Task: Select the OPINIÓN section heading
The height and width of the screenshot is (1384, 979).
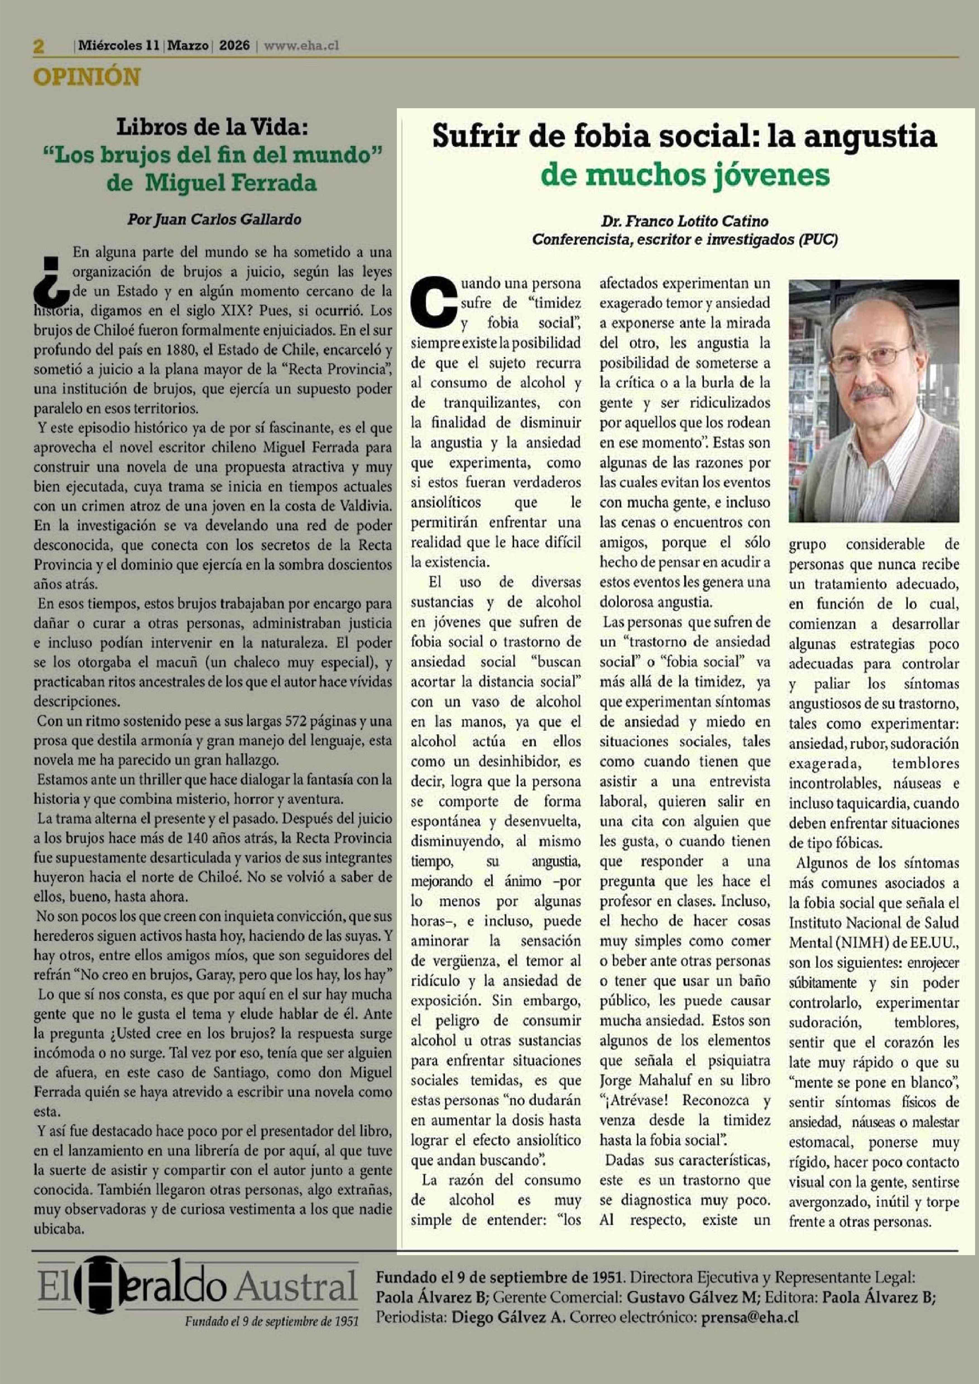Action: (87, 77)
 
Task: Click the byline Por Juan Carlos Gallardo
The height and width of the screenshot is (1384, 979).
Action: (214, 220)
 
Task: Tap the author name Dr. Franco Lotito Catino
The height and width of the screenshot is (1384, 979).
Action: (684, 221)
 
